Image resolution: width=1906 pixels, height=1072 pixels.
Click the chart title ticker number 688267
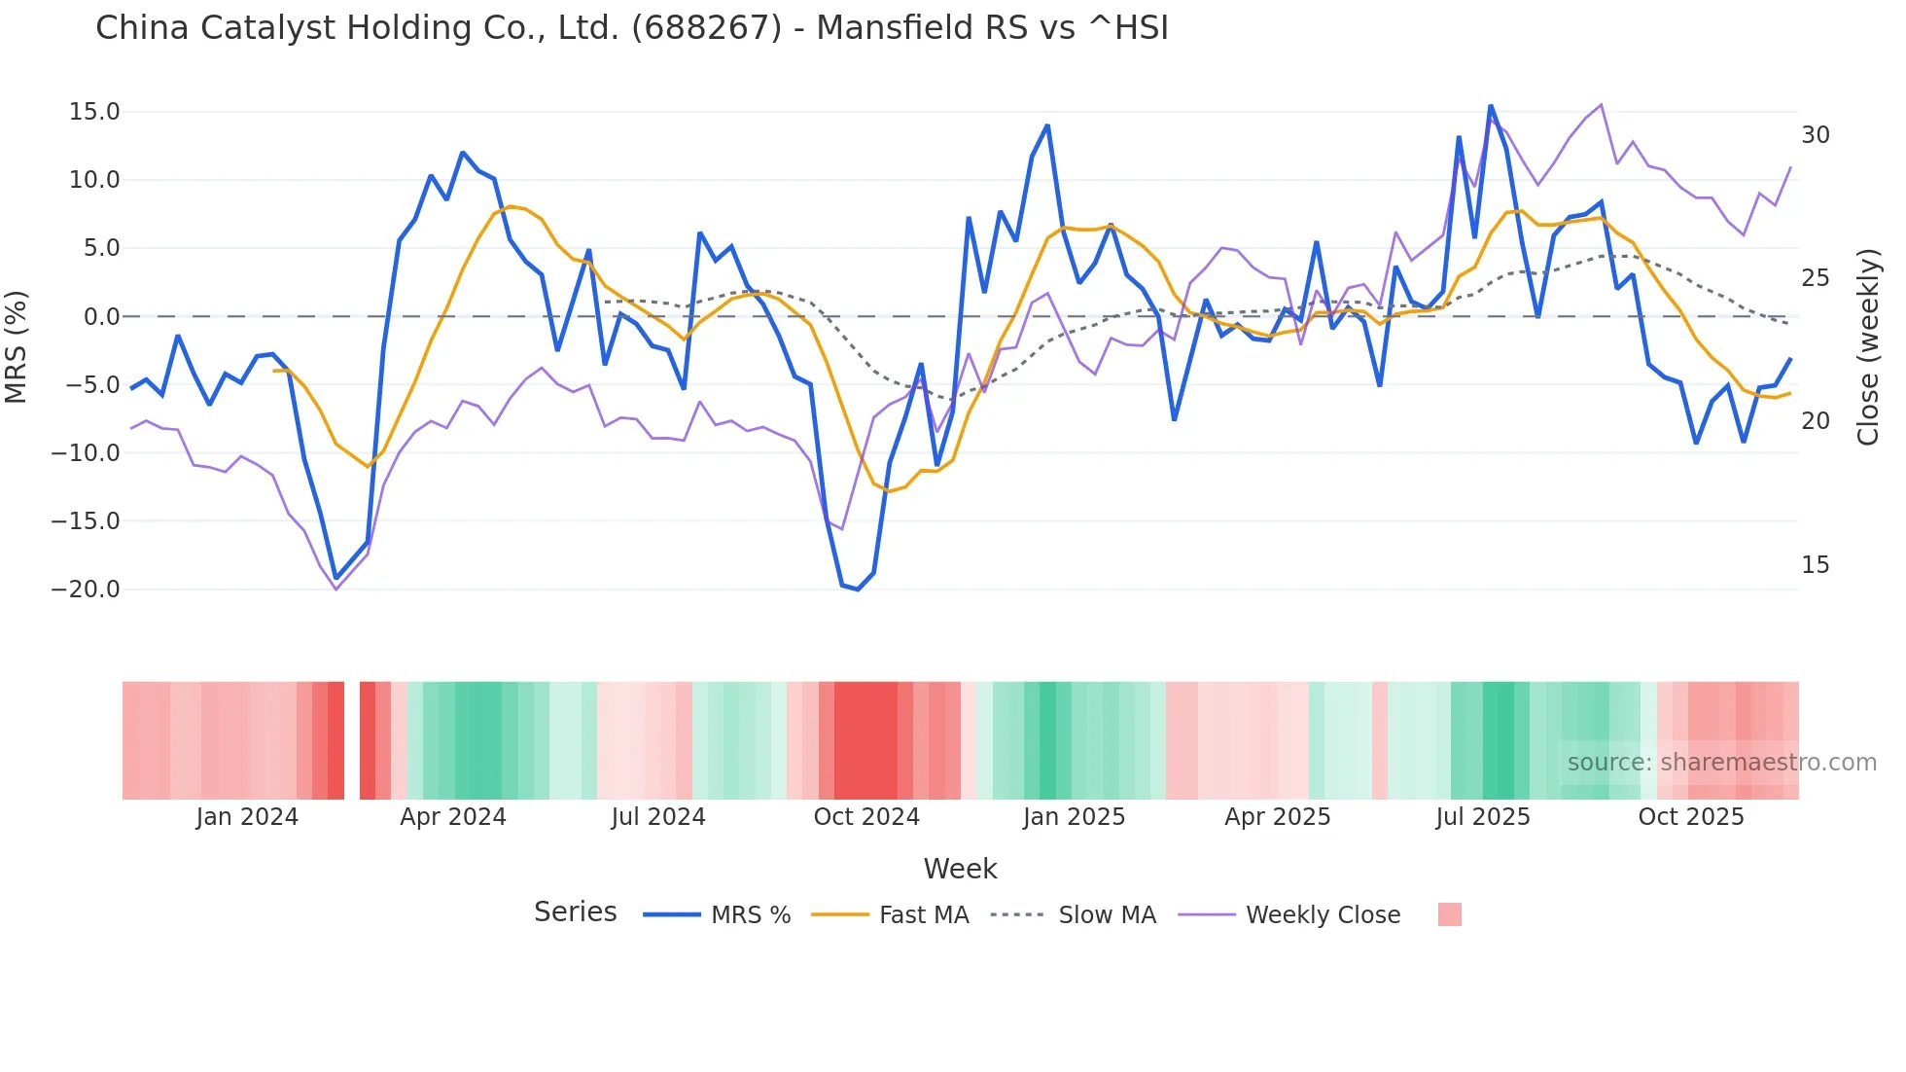706,28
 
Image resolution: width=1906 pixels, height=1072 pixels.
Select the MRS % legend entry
750,915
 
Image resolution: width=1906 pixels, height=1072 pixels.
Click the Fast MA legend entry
923,915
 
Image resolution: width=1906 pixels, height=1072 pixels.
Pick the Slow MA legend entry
1107,915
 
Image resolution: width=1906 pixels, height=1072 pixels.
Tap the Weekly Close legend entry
1323,915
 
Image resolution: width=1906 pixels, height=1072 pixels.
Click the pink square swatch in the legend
1449,914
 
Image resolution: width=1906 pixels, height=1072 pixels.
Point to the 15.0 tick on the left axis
94,112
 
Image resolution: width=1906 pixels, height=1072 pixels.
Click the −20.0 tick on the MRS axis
86,590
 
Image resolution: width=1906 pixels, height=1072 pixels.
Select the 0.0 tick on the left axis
101,317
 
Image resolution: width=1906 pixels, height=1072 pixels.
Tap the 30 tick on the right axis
1815,135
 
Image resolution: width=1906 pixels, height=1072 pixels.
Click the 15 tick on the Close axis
1815,565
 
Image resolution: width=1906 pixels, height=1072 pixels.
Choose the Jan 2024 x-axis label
247,817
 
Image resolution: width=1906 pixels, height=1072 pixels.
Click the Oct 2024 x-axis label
866,817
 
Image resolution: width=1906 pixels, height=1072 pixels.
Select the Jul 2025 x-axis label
1483,817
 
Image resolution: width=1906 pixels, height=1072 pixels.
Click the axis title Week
960,869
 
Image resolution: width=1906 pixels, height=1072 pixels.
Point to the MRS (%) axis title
17,346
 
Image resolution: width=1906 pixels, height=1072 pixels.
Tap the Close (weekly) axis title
1867,347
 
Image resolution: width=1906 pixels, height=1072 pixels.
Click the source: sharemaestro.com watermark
1721,763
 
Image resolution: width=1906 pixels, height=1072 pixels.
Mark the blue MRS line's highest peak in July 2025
1490,106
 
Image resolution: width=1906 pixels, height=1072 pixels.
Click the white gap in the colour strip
352,740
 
